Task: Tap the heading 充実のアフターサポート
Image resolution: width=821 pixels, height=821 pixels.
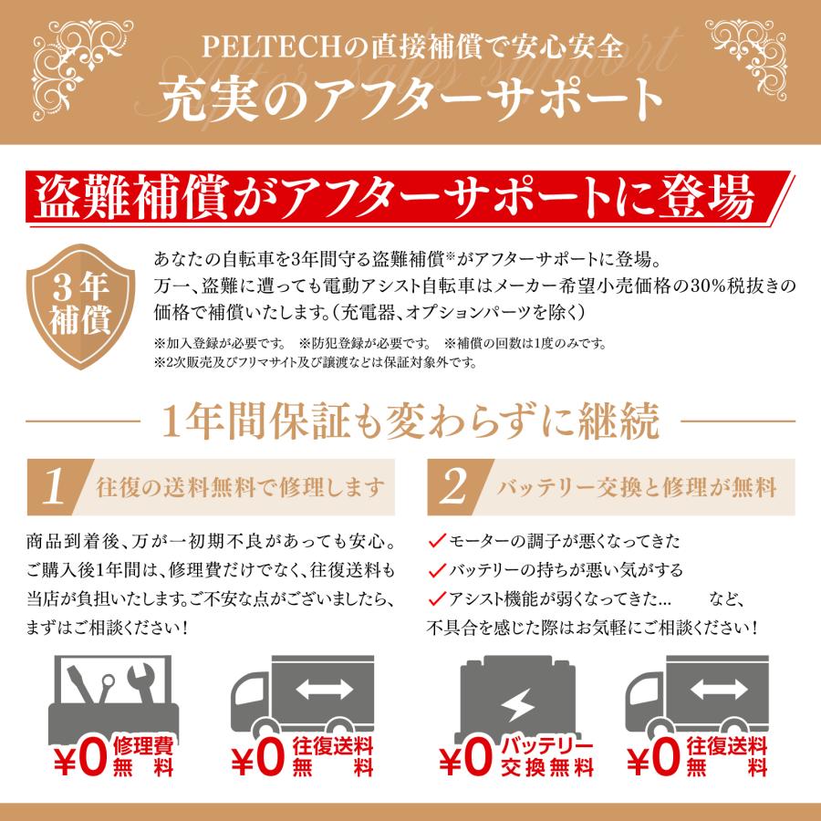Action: [410, 97]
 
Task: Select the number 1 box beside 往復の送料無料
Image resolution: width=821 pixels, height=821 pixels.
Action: [56, 487]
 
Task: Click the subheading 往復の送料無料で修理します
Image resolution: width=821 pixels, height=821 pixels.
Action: [239, 487]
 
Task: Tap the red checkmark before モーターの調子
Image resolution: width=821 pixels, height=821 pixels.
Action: [437, 541]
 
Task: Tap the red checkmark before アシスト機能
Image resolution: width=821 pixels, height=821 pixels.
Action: [437, 599]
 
